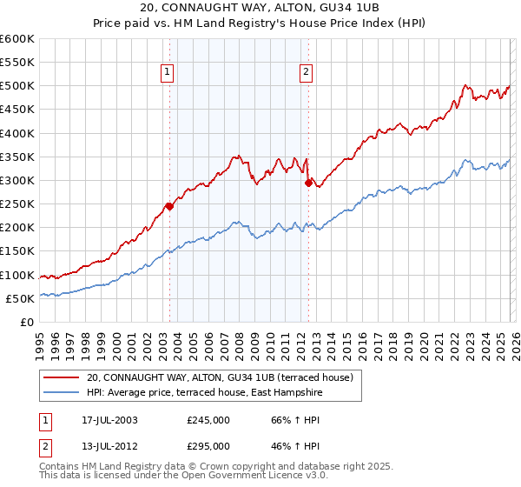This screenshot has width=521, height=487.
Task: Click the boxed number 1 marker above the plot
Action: click(167, 73)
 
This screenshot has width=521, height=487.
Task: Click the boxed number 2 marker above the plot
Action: click(307, 73)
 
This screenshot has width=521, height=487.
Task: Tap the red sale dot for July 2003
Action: click(169, 206)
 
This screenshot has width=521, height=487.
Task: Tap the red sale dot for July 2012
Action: click(308, 183)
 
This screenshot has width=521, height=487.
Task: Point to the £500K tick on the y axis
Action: click(17, 86)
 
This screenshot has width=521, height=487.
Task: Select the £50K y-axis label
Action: click(20, 298)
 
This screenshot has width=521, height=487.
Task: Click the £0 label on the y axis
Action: click(28, 322)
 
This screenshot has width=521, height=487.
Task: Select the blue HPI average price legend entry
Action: click(204, 393)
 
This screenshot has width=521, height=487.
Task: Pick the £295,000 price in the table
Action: click(208, 445)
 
